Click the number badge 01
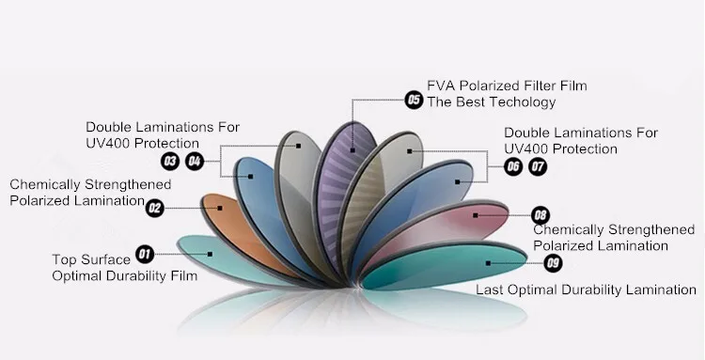click(x=145, y=254)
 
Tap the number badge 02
click(x=155, y=209)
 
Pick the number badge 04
click(x=195, y=162)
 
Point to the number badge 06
click(x=513, y=167)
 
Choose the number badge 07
click(x=538, y=167)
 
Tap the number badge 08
click(x=540, y=216)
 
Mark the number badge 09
click(x=554, y=262)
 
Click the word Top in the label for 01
click(x=65, y=258)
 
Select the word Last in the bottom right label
click(x=493, y=290)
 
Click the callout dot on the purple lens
click(x=353, y=149)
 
